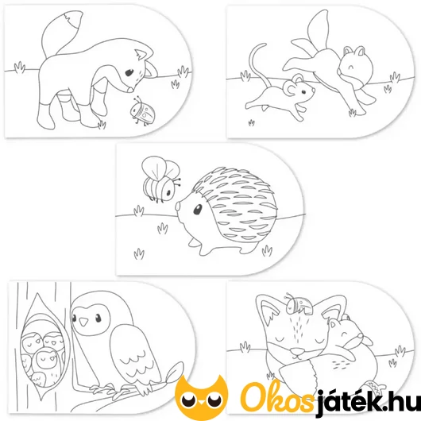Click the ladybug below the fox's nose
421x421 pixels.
[x=142, y=112]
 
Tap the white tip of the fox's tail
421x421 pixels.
[x=74, y=18]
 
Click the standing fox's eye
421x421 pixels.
[x=129, y=73]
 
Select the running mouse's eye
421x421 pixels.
[x=303, y=92]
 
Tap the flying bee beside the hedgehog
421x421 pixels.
[x=160, y=179]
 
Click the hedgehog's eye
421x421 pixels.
[x=198, y=210]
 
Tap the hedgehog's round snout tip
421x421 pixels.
[x=178, y=207]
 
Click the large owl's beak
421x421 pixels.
[x=84, y=321]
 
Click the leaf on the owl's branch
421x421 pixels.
[x=174, y=372]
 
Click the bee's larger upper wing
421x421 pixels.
[x=153, y=167]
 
